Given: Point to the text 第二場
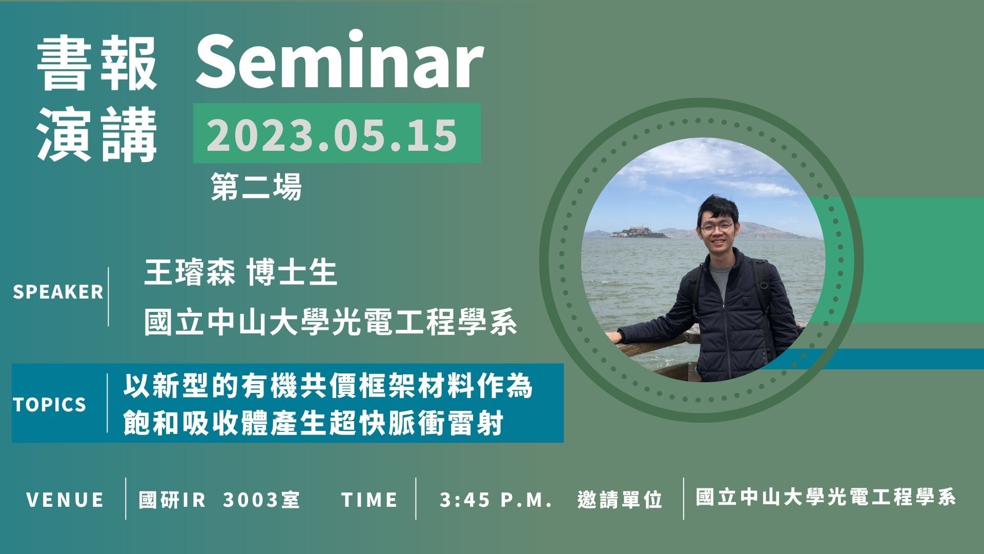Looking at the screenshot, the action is pos(256,187).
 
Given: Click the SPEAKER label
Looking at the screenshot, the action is pos(58,292).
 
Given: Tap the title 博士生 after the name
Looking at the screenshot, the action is pos(292,273).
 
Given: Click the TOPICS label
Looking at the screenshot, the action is pos(50,405).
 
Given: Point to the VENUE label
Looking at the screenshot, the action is pos(65,500).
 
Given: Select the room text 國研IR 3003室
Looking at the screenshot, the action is pos(219,500).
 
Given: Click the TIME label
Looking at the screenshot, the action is pos(370,500).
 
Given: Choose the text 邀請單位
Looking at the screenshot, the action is pos(620,500).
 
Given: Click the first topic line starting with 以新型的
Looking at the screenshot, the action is pos(329,387).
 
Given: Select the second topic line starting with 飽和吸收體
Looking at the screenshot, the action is pos(313,424).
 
